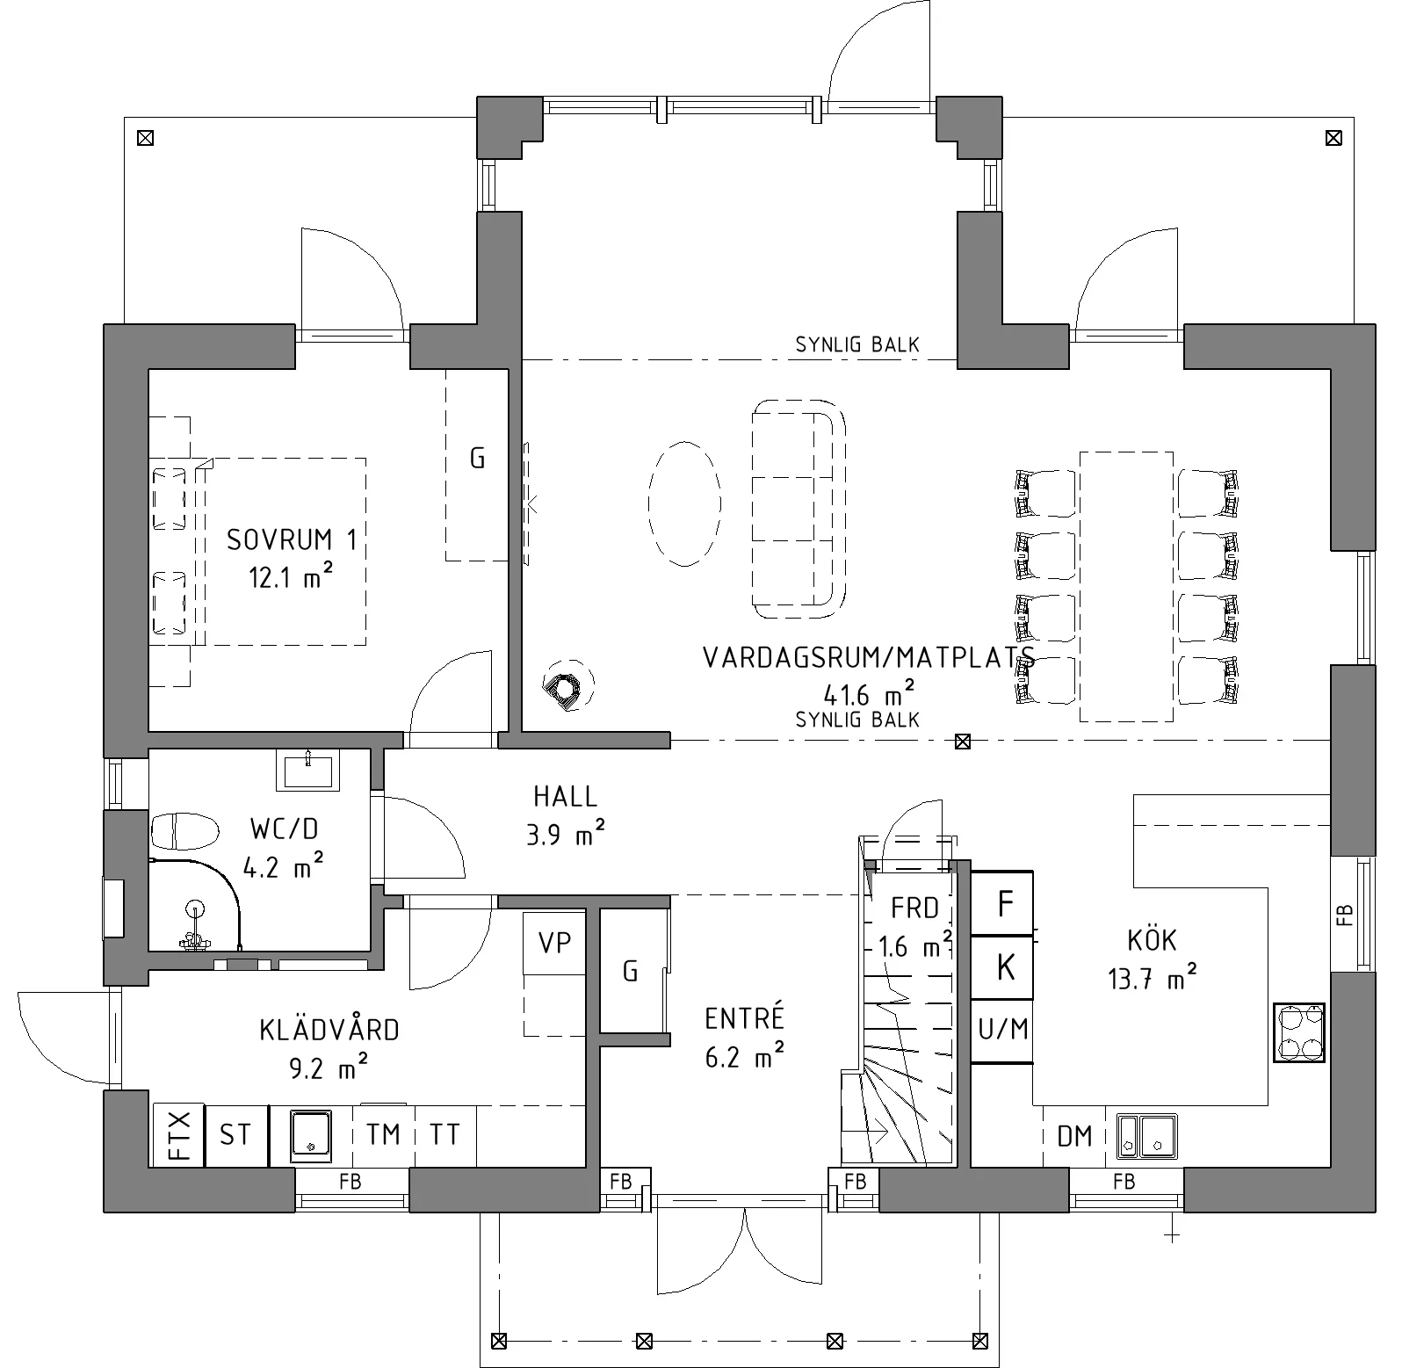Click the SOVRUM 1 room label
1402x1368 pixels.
292,539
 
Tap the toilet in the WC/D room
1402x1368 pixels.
184,830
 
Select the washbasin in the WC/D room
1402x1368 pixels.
308,770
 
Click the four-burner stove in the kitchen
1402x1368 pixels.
1299,1033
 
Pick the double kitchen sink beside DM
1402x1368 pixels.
1147,1135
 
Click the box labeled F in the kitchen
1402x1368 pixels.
1002,902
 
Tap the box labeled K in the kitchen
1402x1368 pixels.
1002,967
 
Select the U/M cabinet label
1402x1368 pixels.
1002,1028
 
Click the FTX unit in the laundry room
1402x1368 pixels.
179,1135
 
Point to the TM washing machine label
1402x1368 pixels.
383,1134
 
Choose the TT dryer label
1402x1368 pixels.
444,1134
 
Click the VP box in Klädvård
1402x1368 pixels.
554,944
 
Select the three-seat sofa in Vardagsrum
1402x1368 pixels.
799,507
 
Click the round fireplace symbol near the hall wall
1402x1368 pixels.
567,685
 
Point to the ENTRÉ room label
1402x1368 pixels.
744,1018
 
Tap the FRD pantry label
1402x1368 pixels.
915,908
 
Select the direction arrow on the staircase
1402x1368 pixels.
876,1132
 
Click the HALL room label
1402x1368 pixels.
566,797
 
